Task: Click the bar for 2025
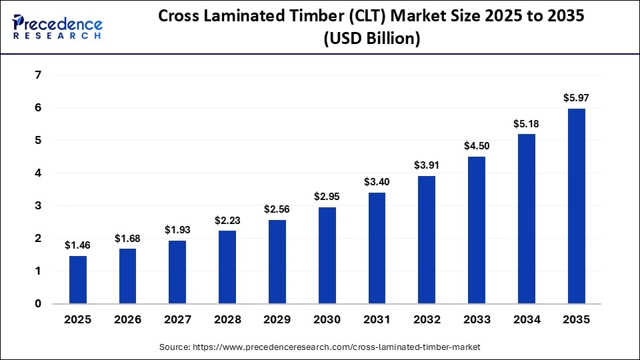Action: [x=78, y=280]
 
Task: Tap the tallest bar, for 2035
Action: [x=576, y=206]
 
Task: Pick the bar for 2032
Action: [x=427, y=240]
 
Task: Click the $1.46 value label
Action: [x=78, y=245]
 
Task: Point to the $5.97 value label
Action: [x=576, y=98]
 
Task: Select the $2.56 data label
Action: [x=277, y=209]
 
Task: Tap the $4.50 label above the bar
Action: [x=477, y=146]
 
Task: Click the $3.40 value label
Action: [x=377, y=182]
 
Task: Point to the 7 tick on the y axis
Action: [x=37, y=75]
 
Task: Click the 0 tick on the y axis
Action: [x=37, y=304]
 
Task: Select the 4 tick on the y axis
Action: [x=37, y=173]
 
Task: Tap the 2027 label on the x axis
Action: [x=177, y=320]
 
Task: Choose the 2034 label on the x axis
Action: [x=526, y=320]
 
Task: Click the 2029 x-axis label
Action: [x=277, y=320]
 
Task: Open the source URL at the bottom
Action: [x=320, y=347]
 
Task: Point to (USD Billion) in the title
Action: [x=371, y=39]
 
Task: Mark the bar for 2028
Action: [x=227, y=267]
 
